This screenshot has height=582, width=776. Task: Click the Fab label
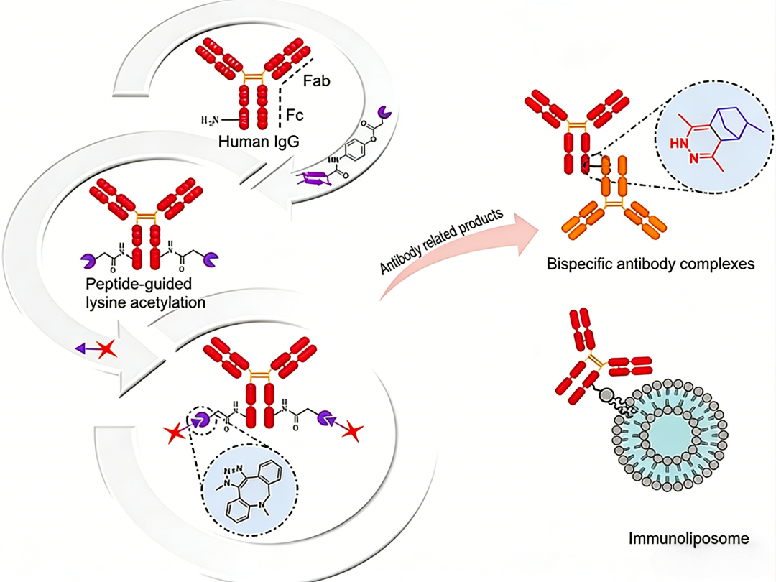[316, 81]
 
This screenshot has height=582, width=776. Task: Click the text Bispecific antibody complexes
[651, 264]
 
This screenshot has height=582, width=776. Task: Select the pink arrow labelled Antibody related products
[460, 244]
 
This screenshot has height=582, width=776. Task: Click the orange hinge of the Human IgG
[253, 75]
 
